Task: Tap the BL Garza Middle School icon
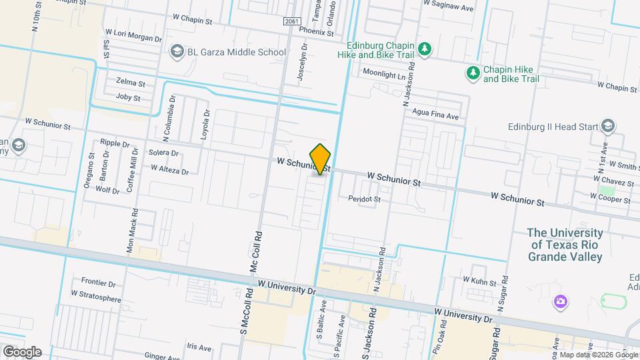(177, 51)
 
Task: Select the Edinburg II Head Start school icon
(607, 126)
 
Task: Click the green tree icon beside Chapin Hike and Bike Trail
(473, 73)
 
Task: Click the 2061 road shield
(291, 21)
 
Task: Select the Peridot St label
(364, 199)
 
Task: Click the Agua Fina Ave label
(435, 116)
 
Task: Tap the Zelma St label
(131, 83)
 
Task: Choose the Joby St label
(128, 97)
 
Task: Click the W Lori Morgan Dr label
(133, 39)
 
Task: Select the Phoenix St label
(316, 31)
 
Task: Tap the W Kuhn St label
(480, 283)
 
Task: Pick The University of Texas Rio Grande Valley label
(565, 245)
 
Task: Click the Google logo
(22, 351)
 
